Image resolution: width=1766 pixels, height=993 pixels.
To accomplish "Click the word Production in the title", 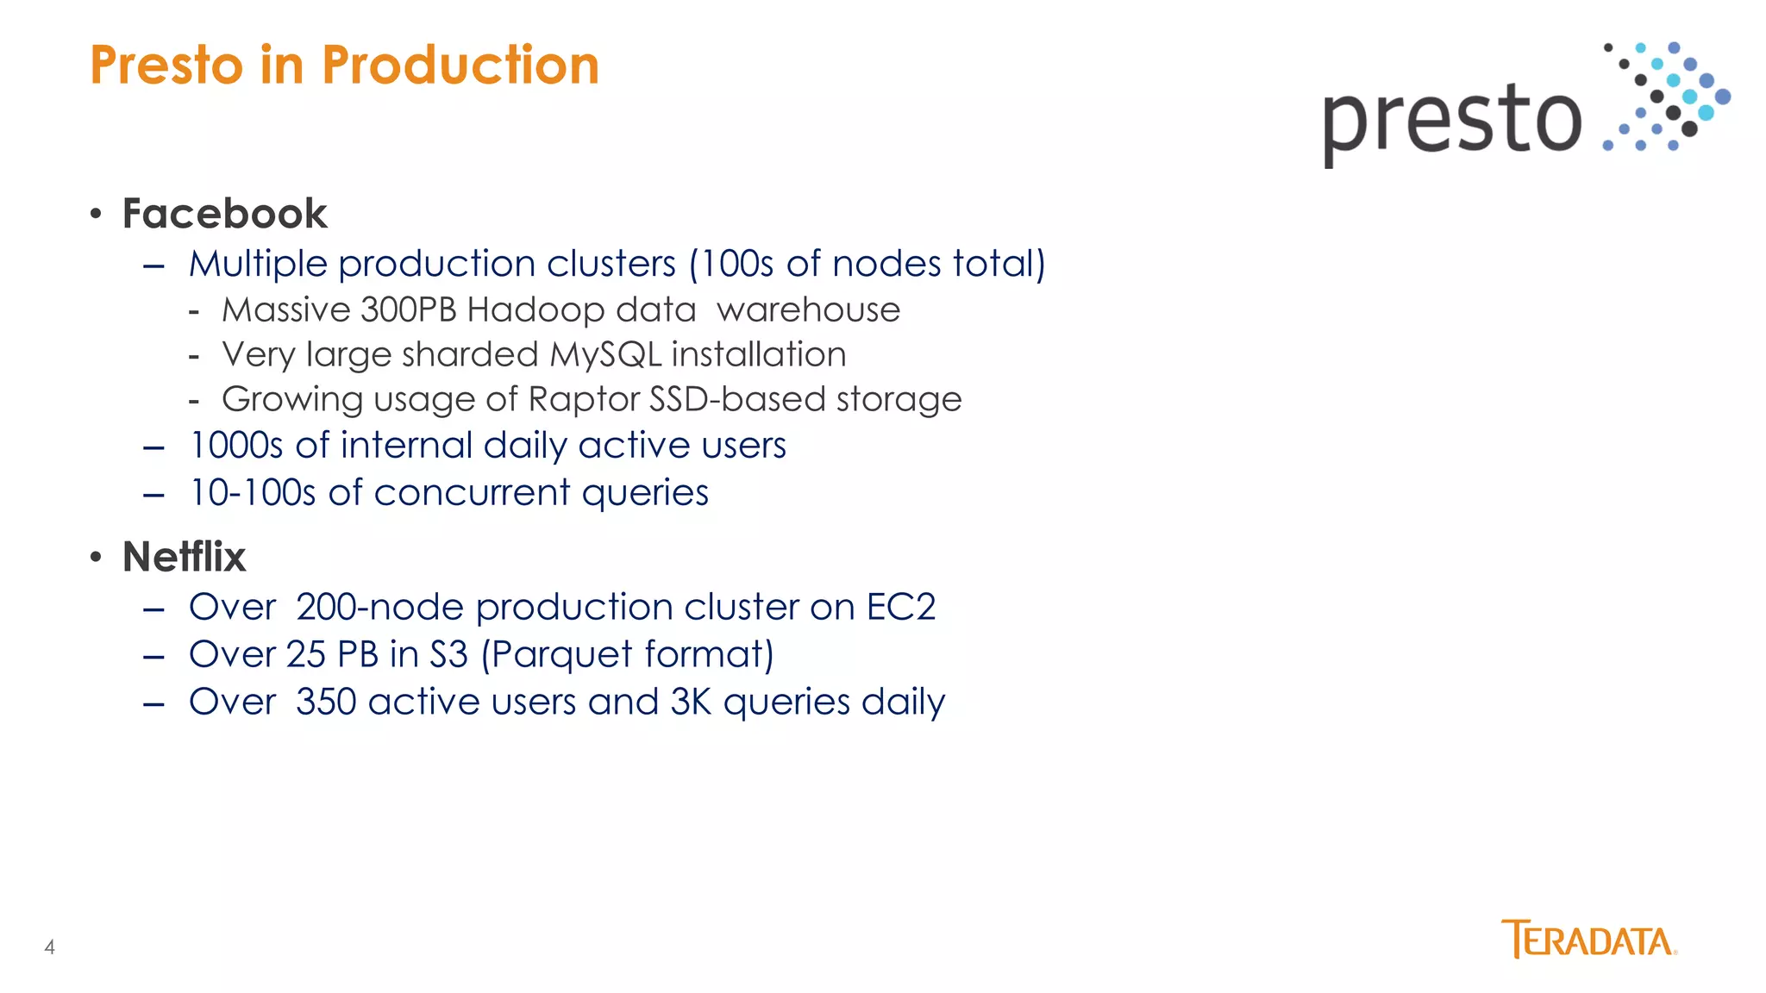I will point(460,66).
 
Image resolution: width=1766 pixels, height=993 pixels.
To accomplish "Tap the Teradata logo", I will point(1588,940).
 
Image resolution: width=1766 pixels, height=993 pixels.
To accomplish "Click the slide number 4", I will point(50,947).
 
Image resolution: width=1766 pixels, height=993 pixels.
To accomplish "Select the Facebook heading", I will point(224,214).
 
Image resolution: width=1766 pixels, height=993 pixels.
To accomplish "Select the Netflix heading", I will point(184,557).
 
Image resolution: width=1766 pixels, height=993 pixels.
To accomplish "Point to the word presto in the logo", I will point(1452,121).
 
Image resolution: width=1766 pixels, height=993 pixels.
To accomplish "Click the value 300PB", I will point(408,310).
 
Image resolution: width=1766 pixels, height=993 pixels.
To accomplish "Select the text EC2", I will point(900,608).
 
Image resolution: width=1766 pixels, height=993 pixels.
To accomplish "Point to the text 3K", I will point(691,703).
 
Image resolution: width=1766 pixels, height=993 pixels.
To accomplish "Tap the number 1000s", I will point(235,447).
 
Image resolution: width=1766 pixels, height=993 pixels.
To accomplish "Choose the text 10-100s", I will point(252,494).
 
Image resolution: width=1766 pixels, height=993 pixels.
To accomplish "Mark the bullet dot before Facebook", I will point(96,214).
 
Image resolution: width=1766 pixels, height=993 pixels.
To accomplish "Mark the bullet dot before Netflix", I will point(96,557).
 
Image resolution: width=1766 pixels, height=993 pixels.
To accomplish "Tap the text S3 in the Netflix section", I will point(448,655).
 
